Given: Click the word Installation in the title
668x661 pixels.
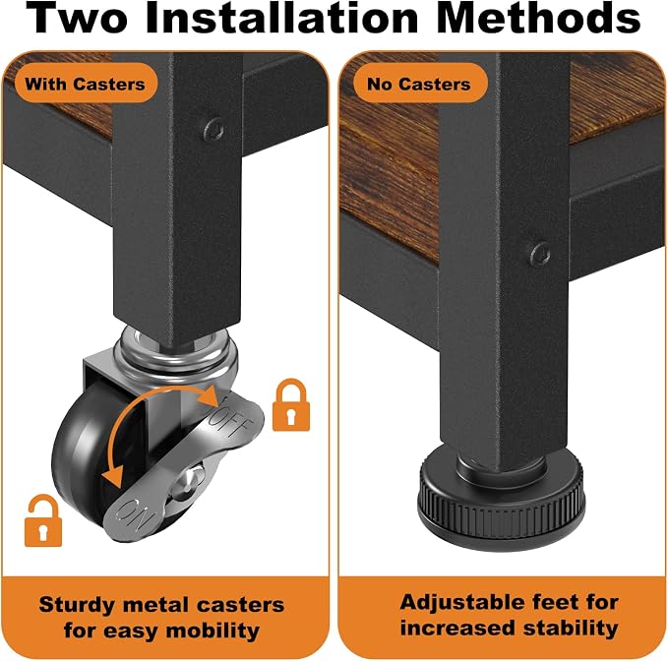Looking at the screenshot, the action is pyautogui.click(x=282, y=18).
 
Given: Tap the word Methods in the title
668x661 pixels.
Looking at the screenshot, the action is pyautogui.click(x=538, y=18).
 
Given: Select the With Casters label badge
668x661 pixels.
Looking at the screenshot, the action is pyautogui.click(x=86, y=84).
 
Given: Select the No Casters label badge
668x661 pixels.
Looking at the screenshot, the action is pyautogui.click(x=419, y=84).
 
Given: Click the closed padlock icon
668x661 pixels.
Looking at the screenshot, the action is pyautogui.click(x=291, y=405).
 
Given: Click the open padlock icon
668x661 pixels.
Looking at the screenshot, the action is pyautogui.click(x=43, y=520).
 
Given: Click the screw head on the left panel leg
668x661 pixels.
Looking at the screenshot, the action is pyautogui.click(x=213, y=130).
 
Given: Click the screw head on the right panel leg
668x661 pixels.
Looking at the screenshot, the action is pyautogui.click(x=540, y=254).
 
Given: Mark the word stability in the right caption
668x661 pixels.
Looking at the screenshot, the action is pyautogui.click(x=571, y=629).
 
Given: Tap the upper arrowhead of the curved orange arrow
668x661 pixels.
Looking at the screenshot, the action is pyautogui.click(x=210, y=396).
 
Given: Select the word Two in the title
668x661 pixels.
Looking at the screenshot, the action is pyautogui.click(x=77, y=18).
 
